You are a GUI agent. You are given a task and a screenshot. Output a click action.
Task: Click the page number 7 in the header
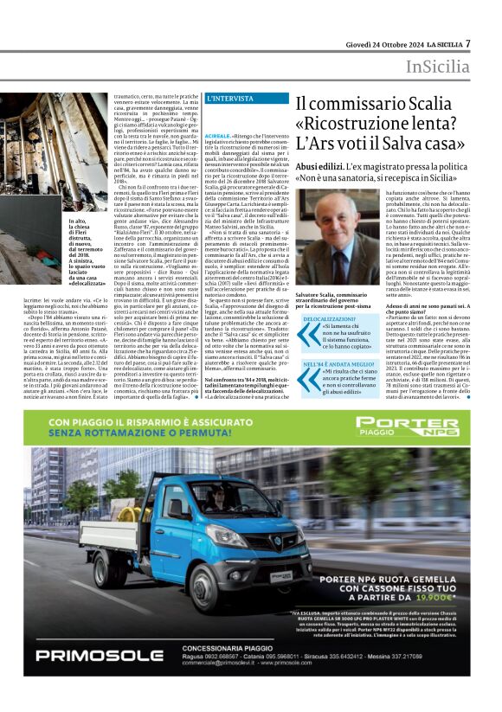[468, 42]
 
